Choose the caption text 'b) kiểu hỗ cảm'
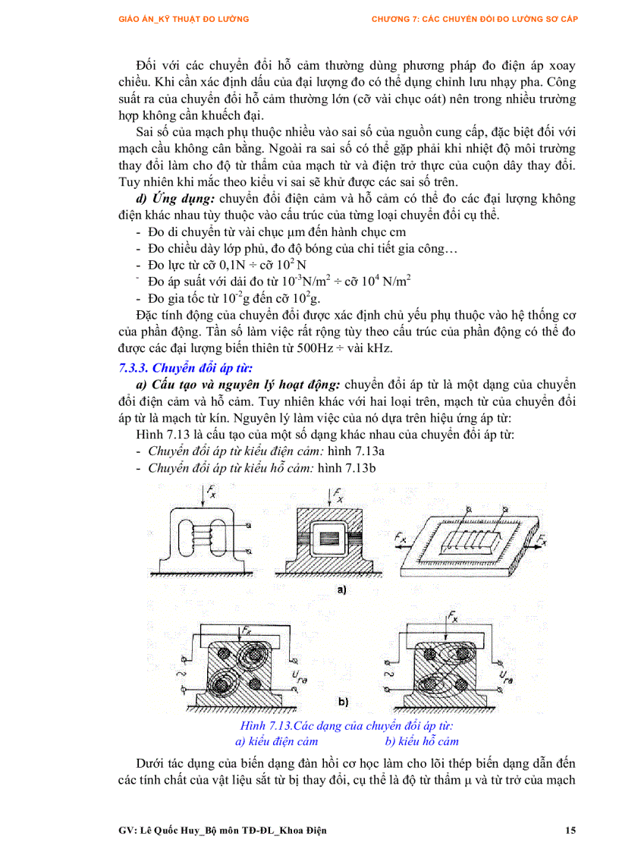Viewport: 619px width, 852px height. (x=422, y=741)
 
